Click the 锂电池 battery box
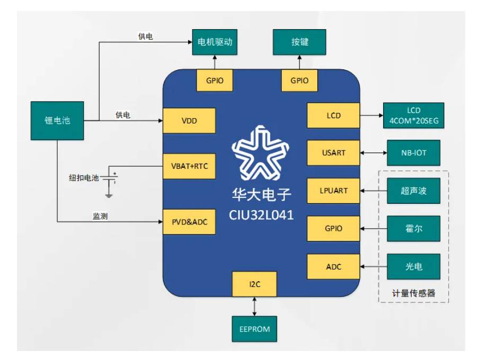(x=57, y=121)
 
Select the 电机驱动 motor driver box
(x=215, y=42)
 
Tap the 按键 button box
(x=299, y=42)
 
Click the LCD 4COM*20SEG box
(x=414, y=116)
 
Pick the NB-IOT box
(x=414, y=153)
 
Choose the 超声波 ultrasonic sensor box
(x=414, y=191)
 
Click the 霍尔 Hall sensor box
(x=414, y=229)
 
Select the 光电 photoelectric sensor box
(x=414, y=266)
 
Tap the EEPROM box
(x=254, y=329)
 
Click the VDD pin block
(x=189, y=121)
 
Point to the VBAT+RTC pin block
(x=189, y=167)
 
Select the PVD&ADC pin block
(x=189, y=222)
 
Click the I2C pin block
(x=254, y=284)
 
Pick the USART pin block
(x=333, y=153)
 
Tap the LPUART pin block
(x=333, y=191)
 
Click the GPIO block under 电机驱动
(x=215, y=81)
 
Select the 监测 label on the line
(x=101, y=216)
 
